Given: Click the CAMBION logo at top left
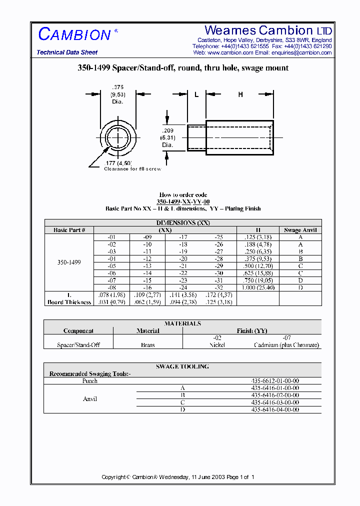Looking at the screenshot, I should pyautogui.click(x=75, y=34).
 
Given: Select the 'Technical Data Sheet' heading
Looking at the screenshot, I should pyautogui.click(x=67, y=52).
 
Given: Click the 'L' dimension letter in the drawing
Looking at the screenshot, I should pyautogui.click(x=196, y=94).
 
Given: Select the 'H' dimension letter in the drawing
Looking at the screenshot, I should pyautogui.click(x=240, y=94).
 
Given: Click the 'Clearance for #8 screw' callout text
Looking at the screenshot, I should pyautogui.click(x=132, y=169).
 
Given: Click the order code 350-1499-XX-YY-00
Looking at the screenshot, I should pyautogui.click(x=183, y=201).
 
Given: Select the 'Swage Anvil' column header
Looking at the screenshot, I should pyautogui.click(x=300, y=230).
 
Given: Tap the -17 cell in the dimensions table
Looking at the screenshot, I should pyautogui.click(x=183, y=237).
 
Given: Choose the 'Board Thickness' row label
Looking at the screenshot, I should pyautogui.click(x=69, y=302).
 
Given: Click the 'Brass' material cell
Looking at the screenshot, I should pyautogui.click(x=148, y=345).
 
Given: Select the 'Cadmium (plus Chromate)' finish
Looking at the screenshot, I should pyautogui.click(x=286, y=345).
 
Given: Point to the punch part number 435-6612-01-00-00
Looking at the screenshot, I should pyautogui.click(x=275, y=381).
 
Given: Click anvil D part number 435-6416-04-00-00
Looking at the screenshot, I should pyautogui.click(x=275, y=409).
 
